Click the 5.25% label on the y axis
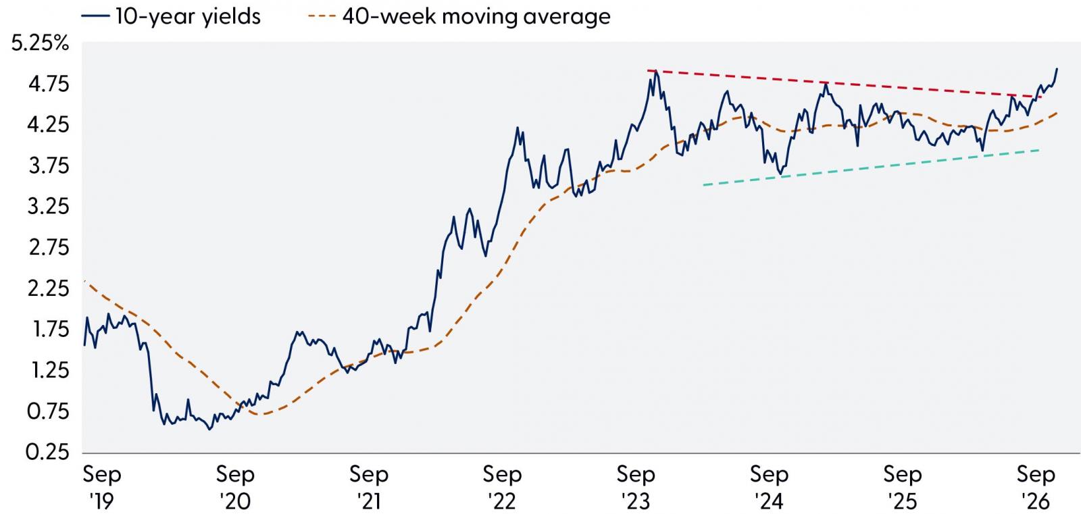tap(41, 43)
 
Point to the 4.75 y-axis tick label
tap(49, 84)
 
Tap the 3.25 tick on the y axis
tap(49, 207)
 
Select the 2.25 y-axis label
tap(49, 289)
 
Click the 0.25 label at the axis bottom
tap(48, 453)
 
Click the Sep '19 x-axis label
tap(102, 488)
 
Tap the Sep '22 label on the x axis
tap(502, 488)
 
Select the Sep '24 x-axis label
tap(769, 488)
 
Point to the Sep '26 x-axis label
tap(1036, 488)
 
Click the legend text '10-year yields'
tap(188, 17)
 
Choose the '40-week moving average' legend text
tap(476, 17)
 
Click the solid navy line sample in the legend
tap(95, 16)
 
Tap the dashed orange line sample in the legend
tap(322, 16)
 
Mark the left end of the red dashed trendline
tap(648, 70)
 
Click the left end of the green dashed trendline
tap(703, 185)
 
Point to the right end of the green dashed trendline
tap(1039, 151)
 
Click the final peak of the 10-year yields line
tap(1057, 68)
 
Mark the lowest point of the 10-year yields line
tap(209, 429)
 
